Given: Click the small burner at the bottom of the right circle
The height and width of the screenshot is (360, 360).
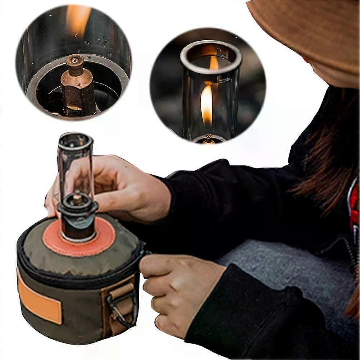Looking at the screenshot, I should (x=208, y=138).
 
